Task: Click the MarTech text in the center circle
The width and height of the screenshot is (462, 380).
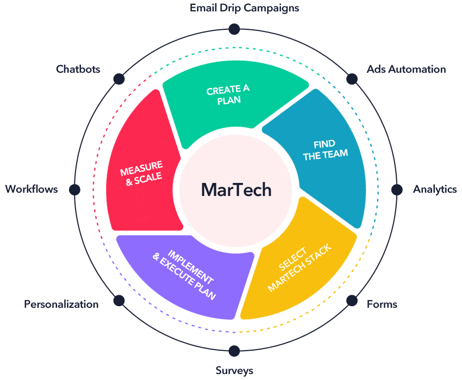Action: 236,189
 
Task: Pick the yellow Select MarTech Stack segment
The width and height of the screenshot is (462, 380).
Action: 302,266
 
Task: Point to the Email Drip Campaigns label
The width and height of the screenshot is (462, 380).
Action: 244,8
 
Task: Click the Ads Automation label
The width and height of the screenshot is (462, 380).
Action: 405,69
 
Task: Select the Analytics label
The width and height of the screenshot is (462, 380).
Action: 435,189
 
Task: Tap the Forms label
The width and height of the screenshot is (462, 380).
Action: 382,304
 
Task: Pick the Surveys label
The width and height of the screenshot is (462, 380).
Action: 234,371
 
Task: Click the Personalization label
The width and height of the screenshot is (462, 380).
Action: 61,304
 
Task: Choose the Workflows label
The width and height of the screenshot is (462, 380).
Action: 32,189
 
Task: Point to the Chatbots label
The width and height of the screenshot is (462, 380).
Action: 78,69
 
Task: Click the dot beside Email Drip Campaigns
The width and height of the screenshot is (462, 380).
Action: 234,29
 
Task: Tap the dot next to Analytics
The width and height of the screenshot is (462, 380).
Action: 397,189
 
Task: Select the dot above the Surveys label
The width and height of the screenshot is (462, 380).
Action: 234,350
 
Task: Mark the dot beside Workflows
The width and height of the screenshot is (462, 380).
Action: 74,189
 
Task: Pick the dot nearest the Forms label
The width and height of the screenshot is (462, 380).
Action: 352,300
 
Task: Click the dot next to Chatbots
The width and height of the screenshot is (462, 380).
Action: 118,79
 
